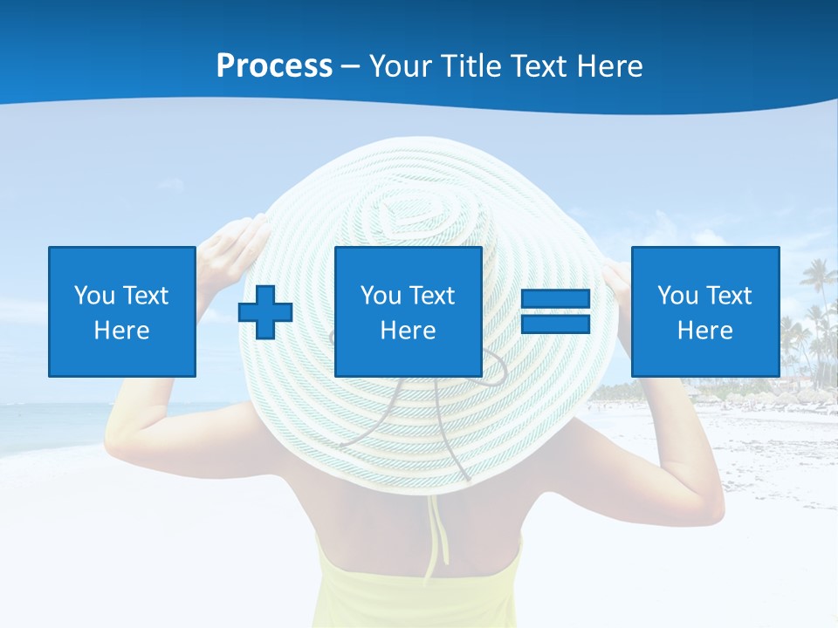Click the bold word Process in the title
point(274,65)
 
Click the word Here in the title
point(607,65)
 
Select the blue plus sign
point(265,312)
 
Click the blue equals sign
point(555,311)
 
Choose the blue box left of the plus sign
point(122,311)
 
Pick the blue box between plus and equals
point(408,311)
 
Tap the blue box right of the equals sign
point(704,311)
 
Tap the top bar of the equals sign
point(555,299)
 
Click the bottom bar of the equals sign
point(555,324)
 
